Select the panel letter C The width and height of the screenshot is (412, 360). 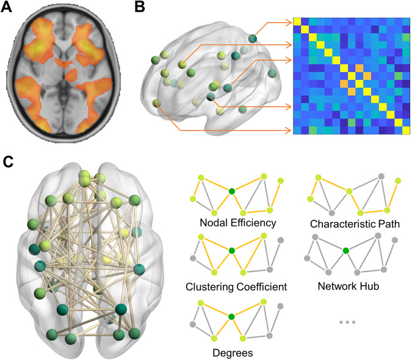[x=8, y=163]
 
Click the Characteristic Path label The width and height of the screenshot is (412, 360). [x=353, y=223]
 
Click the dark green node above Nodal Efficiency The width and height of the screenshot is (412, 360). [x=231, y=192]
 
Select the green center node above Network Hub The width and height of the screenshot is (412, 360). [x=345, y=250]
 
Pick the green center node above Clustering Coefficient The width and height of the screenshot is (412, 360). [x=231, y=250]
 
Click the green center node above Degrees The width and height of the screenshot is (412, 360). [x=231, y=315]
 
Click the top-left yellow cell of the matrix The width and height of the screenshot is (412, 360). [x=297, y=22]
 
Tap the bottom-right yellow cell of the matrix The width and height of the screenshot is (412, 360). [x=407, y=130]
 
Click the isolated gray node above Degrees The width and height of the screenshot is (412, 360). [x=280, y=306]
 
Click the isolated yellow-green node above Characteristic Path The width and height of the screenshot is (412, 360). [x=398, y=181]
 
